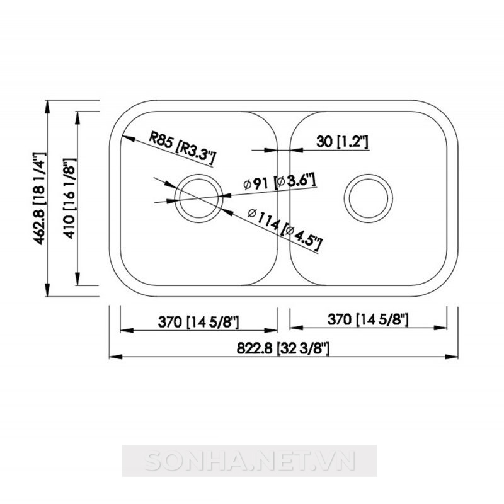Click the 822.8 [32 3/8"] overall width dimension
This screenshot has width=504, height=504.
pyautogui.click(x=283, y=348)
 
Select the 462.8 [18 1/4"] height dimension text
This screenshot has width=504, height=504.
pyautogui.click(x=40, y=198)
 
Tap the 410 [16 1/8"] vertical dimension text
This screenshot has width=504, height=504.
pyautogui.click(x=70, y=198)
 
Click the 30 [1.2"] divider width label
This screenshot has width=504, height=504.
pyautogui.click(x=342, y=141)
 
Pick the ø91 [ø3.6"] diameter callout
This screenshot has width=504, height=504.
pyautogui.click(x=279, y=182)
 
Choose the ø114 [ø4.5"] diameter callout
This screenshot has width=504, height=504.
pyautogui.click(x=285, y=229)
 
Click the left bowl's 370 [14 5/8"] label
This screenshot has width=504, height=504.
pyautogui.click(x=198, y=322)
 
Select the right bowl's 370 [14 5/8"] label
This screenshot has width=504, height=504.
pyautogui.click(x=368, y=319)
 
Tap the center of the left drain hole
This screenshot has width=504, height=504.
pyautogui.click(x=198, y=198)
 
